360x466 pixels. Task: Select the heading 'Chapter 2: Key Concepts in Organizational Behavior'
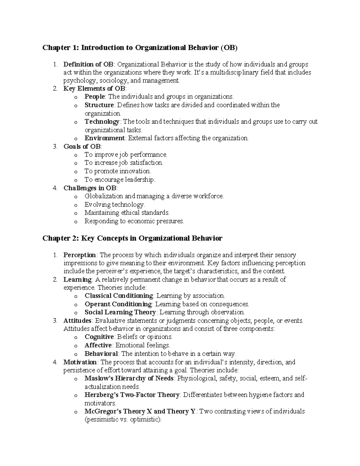click(x=132, y=238)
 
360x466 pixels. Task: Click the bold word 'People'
click(x=95, y=97)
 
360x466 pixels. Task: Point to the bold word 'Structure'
click(x=99, y=105)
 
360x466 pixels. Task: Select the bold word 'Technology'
click(x=102, y=122)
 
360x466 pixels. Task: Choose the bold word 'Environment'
click(x=104, y=138)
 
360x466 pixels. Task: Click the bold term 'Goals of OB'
click(x=82, y=146)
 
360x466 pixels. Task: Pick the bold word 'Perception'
click(x=79, y=255)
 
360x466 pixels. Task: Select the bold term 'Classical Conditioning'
click(x=119, y=296)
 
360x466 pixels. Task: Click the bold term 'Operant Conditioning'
click(x=118, y=304)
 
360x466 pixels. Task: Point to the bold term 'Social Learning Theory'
click(x=120, y=312)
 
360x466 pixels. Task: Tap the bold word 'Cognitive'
click(x=99, y=337)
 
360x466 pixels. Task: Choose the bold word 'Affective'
click(x=98, y=345)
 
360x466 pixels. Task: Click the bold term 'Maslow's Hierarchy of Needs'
click(x=129, y=378)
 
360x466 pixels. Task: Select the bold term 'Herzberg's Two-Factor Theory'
click(x=132, y=395)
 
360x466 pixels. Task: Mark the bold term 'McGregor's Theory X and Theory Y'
click(x=140, y=411)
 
